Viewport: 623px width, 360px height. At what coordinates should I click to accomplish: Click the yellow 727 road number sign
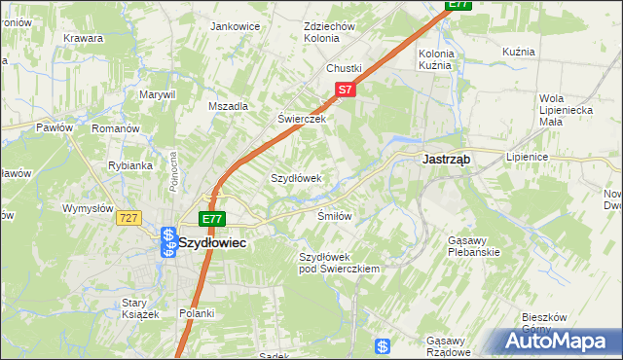[x=129, y=218]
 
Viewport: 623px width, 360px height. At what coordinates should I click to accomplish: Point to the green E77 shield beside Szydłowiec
[x=212, y=219]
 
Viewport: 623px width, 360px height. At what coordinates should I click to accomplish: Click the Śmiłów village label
[x=334, y=215]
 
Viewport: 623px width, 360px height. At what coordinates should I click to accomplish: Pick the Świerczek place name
[x=301, y=119]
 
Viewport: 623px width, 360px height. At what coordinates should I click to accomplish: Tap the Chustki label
[x=344, y=68]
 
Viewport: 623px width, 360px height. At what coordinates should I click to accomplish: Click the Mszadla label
[x=229, y=106]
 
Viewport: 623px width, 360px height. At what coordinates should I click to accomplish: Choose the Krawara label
[x=84, y=38]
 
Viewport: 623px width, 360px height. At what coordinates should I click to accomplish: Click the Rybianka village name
[x=130, y=165]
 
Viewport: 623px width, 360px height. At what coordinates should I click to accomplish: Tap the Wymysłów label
[x=90, y=208]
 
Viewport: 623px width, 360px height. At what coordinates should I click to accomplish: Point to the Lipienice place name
[x=528, y=156]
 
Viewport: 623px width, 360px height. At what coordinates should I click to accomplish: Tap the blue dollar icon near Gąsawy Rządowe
[x=384, y=346]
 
